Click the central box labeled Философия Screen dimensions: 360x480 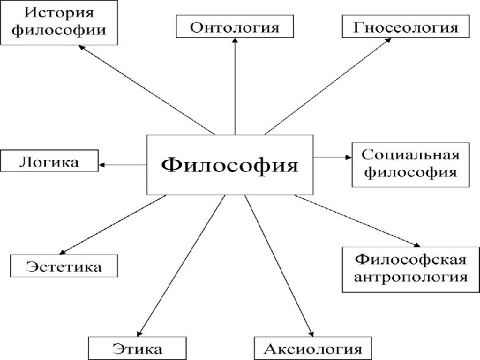(230, 165)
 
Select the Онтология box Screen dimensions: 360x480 (234, 27)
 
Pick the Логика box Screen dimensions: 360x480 (49, 161)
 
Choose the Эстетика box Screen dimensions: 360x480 (64, 267)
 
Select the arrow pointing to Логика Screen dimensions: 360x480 (123, 164)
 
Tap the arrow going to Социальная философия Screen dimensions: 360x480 (332, 158)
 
